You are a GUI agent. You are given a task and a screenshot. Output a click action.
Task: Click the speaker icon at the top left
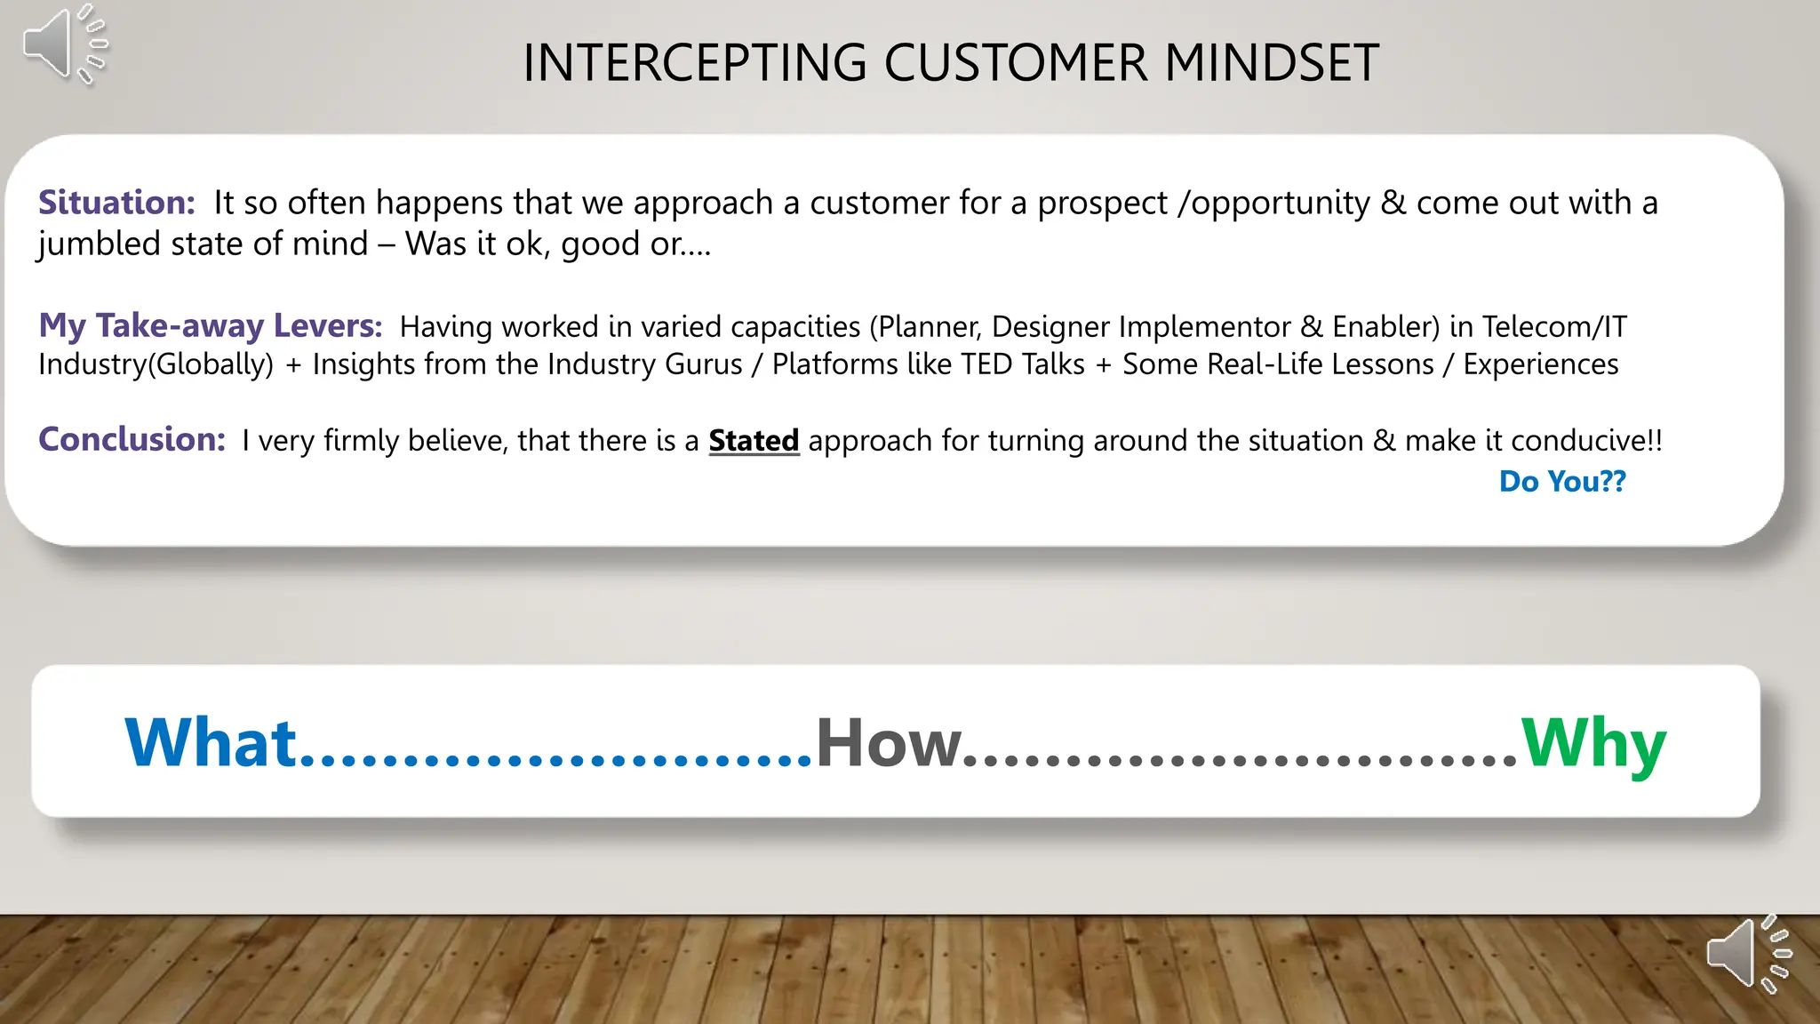pyautogui.click(x=62, y=44)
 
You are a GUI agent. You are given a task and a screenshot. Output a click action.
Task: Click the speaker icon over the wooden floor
pyautogui.click(x=1747, y=954)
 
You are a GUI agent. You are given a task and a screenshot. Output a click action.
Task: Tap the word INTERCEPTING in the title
pyautogui.click(x=694, y=63)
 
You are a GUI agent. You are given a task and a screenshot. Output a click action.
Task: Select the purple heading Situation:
pyautogui.click(x=116, y=203)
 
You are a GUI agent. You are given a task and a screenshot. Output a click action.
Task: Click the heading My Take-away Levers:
pyautogui.click(x=210, y=325)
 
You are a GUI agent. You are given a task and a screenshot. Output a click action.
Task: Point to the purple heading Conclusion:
pyautogui.click(x=132, y=439)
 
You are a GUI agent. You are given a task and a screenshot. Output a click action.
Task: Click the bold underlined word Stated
pyautogui.click(x=754, y=441)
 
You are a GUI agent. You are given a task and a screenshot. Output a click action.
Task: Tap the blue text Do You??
pyautogui.click(x=1561, y=481)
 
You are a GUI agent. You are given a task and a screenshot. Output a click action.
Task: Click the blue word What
pyautogui.click(x=211, y=742)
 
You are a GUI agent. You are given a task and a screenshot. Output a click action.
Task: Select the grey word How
pyautogui.click(x=889, y=742)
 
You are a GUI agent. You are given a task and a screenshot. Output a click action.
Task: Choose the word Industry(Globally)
pyautogui.click(x=156, y=364)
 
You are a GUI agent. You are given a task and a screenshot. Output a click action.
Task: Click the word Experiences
pyautogui.click(x=1540, y=364)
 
